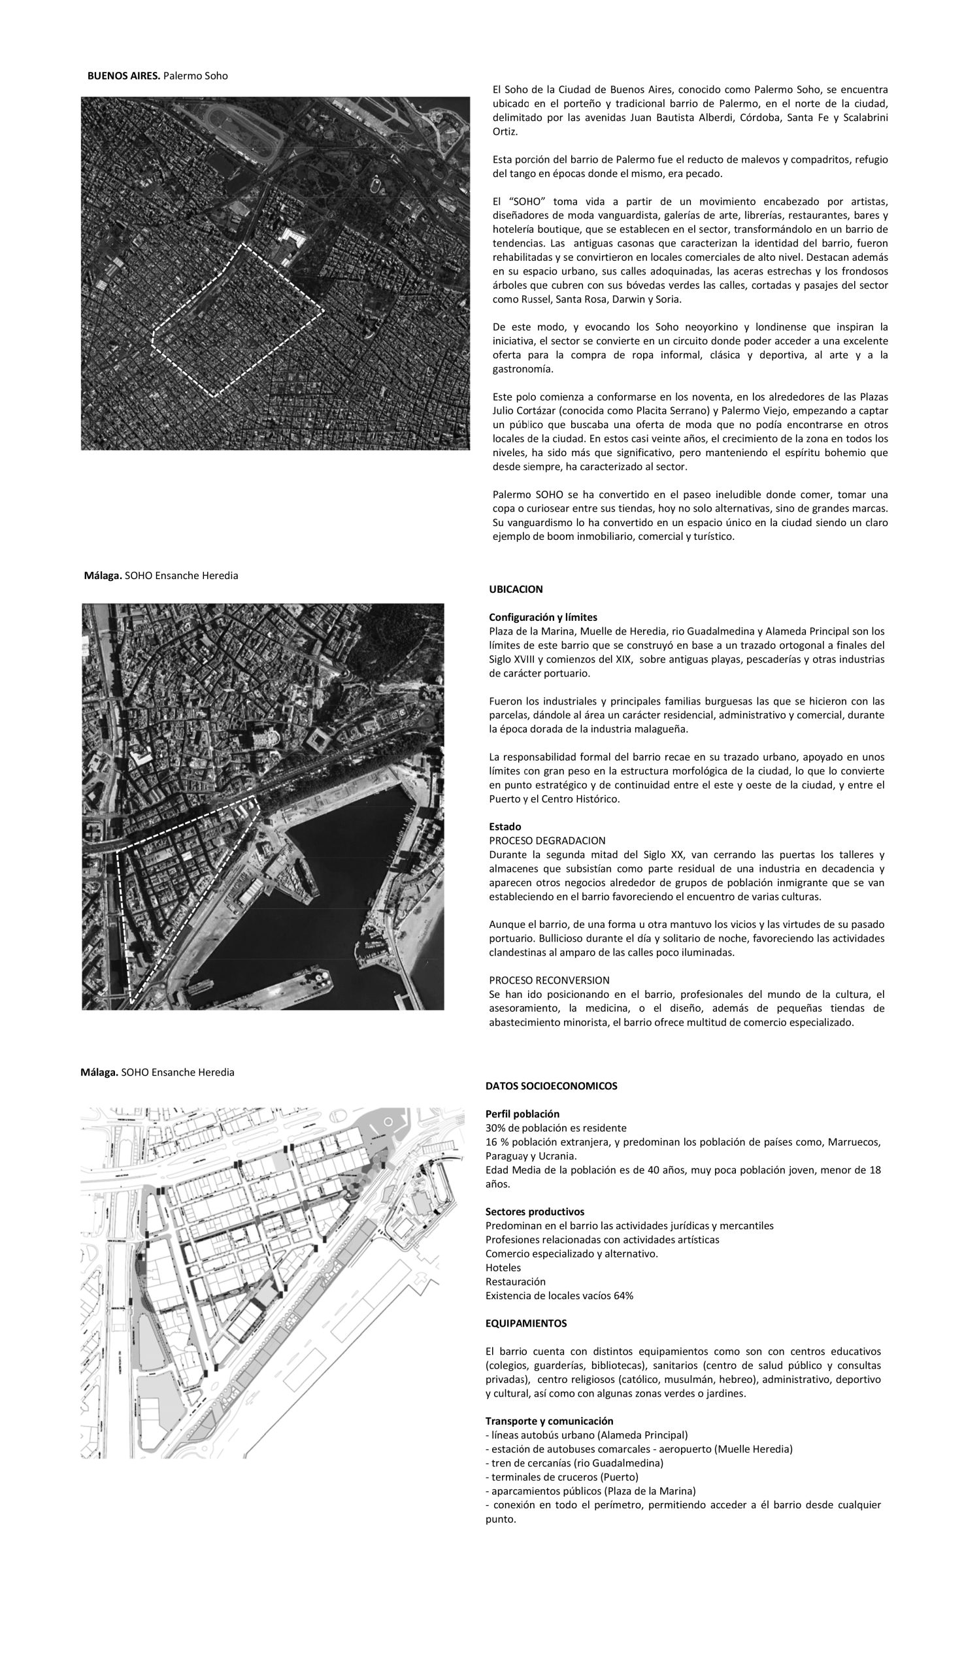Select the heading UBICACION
click(516, 589)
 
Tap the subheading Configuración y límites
click(543, 617)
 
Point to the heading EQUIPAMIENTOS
click(525, 1323)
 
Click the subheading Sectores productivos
click(535, 1212)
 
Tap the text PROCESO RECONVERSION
click(549, 980)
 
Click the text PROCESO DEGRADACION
click(547, 841)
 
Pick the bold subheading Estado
click(505, 826)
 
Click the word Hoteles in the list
click(503, 1268)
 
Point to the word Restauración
click(515, 1282)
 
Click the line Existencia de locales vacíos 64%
click(559, 1296)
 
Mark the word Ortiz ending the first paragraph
click(505, 132)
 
